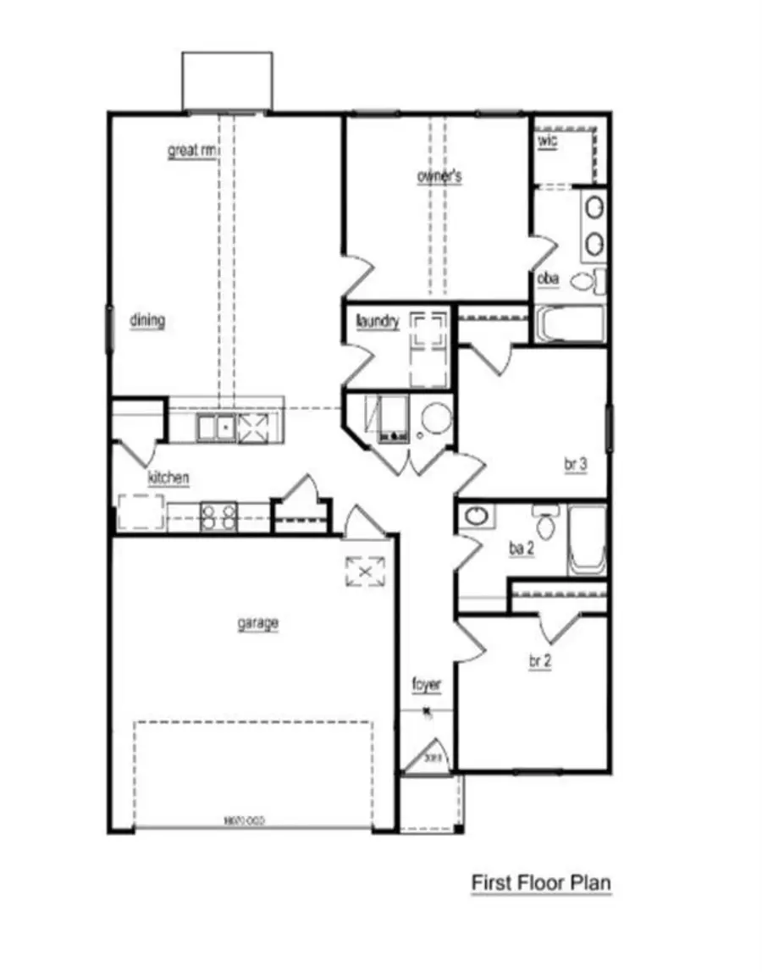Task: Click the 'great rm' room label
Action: click(x=192, y=152)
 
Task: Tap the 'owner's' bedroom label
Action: click(x=439, y=176)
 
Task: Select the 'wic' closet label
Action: click(x=548, y=141)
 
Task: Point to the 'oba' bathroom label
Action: click(x=548, y=278)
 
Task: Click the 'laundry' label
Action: click(x=378, y=322)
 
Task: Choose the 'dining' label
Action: click(x=147, y=320)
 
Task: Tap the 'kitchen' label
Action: click(x=168, y=478)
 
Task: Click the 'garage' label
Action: click(x=257, y=624)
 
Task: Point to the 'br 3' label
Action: click(x=576, y=464)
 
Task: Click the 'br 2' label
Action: click(x=540, y=662)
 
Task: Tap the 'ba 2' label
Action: click(x=521, y=549)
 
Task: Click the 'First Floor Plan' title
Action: click(x=541, y=883)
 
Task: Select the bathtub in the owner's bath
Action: click(x=570, y=324)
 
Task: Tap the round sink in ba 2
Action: click(x=476, y=516)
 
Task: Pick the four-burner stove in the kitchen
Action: click(x=218, y=517)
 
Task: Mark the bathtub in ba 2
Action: click(x=588, y=540)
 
